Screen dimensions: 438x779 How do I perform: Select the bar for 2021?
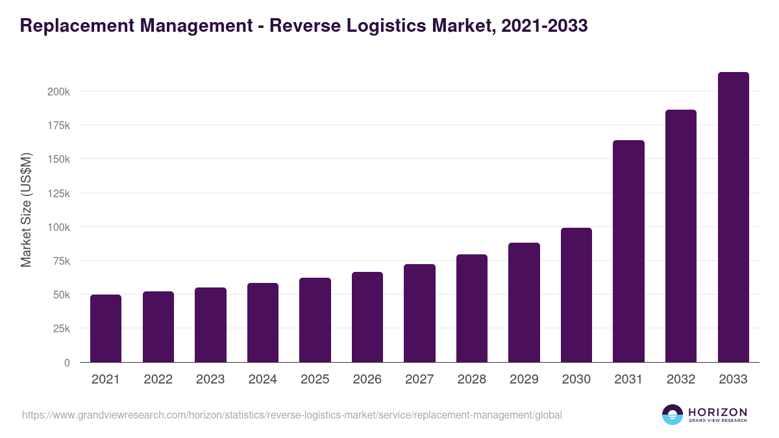106,328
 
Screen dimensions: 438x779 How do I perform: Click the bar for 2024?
262,322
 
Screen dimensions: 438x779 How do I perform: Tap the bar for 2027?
419,313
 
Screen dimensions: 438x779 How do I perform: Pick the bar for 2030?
576,295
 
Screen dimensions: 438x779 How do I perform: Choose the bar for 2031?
628,251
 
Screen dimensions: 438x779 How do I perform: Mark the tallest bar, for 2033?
733,217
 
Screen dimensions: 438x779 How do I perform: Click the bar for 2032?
681,236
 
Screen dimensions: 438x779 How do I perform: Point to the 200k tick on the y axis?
58,91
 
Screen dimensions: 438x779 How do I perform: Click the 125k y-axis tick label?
58,193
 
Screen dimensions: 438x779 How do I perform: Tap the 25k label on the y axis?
61,329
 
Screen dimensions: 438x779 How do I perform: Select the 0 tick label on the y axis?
67,363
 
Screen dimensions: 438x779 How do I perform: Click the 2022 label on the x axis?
158,380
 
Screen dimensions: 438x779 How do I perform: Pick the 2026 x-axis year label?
367,380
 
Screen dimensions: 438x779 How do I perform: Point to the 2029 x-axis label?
524,380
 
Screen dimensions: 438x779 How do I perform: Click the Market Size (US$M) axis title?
26,210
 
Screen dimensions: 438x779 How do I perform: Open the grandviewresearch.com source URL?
292,415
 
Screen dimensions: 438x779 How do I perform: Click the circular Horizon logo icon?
673,415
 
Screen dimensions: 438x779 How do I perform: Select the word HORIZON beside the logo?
717,411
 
